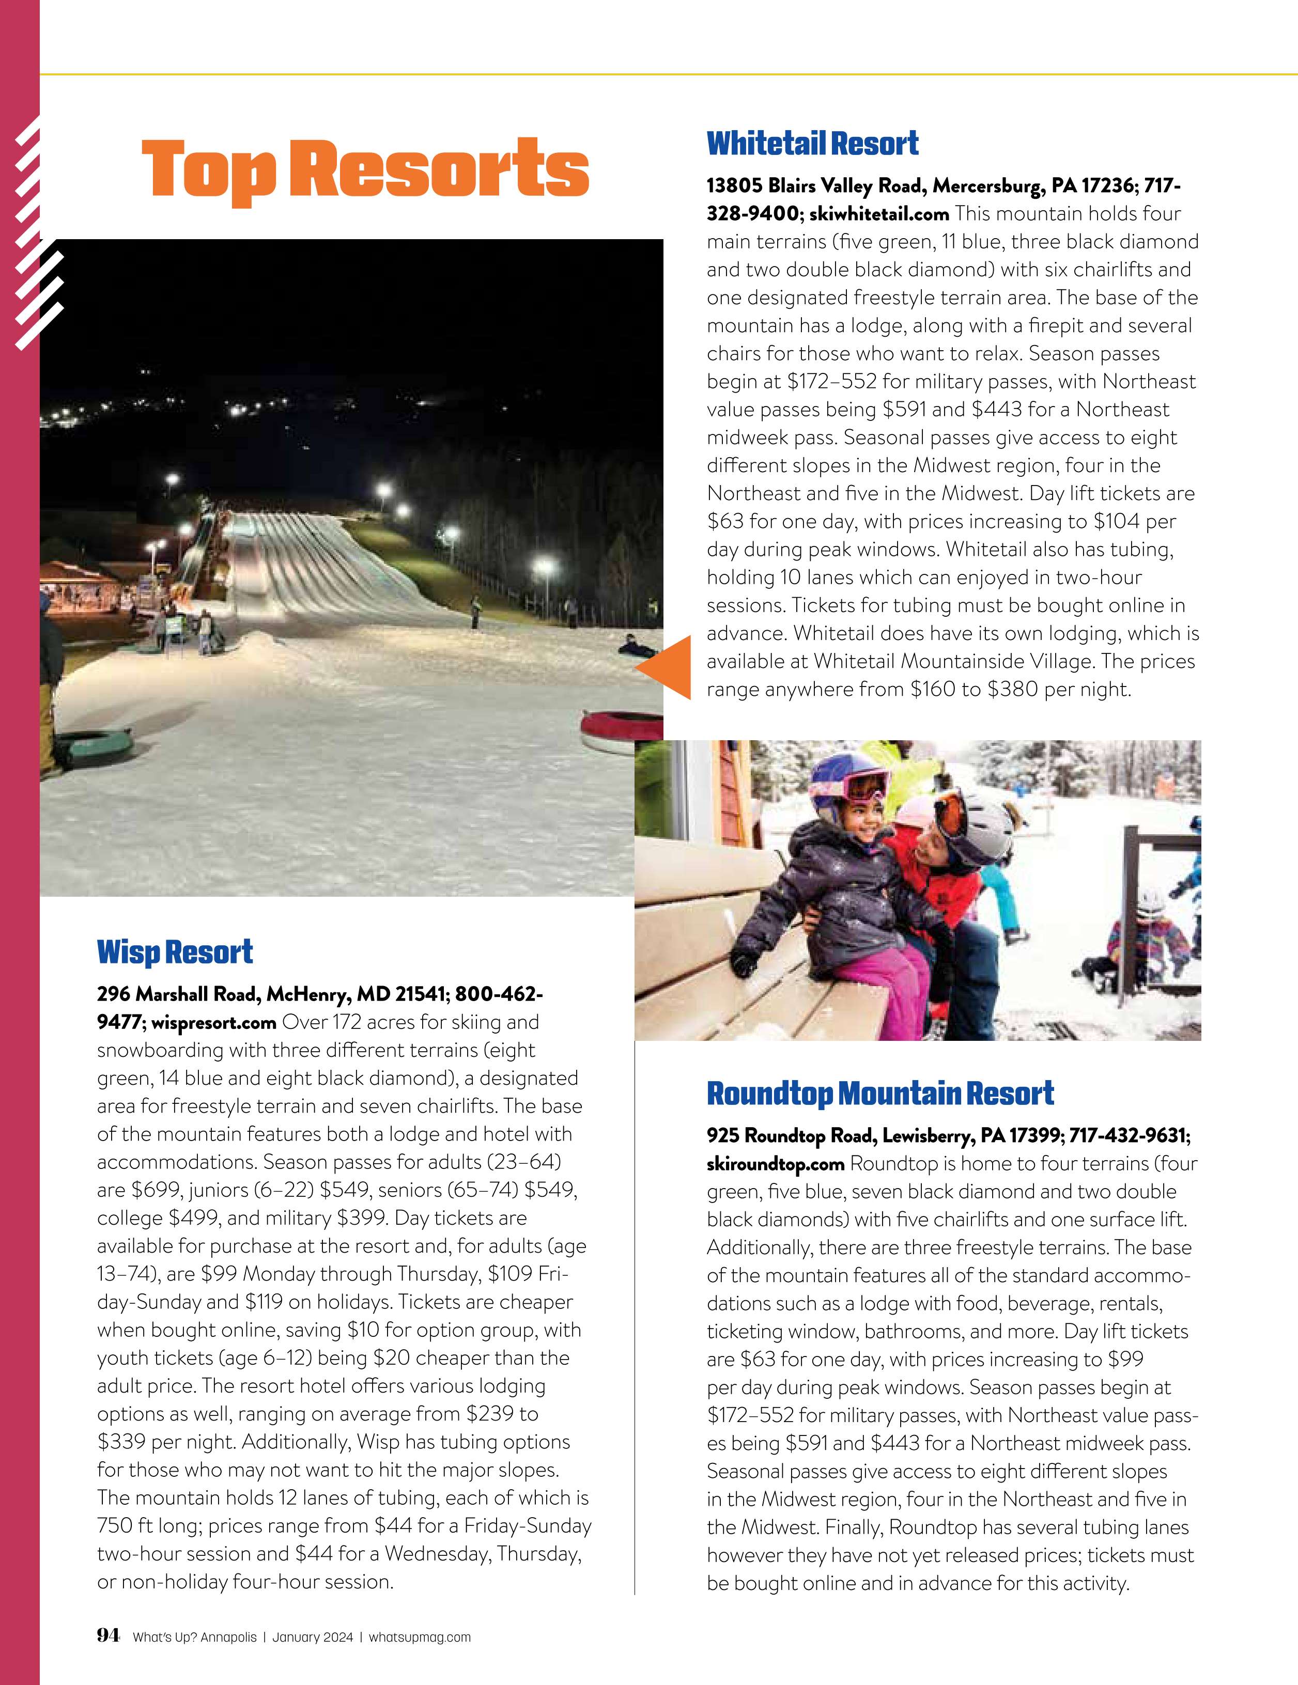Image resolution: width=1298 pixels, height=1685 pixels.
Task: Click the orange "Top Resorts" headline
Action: [x=364, y=169]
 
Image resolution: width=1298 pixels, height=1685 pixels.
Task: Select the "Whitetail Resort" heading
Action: [x=813, y=144]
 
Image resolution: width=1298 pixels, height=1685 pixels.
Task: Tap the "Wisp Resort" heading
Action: [x=175, y=952]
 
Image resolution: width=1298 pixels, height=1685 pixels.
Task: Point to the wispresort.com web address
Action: [x=214, y=1022]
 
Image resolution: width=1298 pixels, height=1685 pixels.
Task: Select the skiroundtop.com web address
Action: [x=776, y=1163]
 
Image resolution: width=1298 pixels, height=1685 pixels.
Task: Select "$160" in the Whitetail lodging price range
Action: [x=933, y=690]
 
